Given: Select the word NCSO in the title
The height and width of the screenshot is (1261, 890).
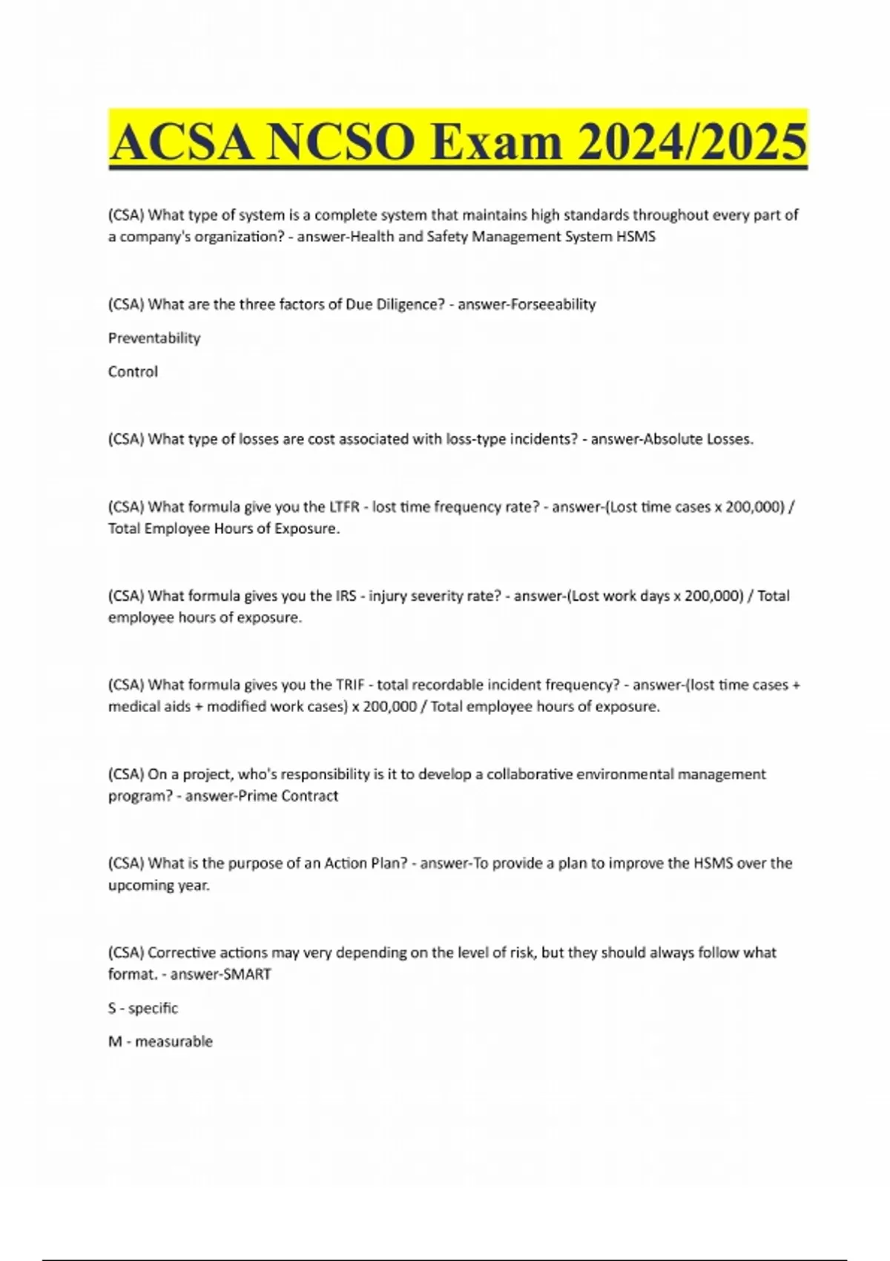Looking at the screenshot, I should click(340, 142).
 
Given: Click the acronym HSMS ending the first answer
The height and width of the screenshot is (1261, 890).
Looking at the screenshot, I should click(636, 237).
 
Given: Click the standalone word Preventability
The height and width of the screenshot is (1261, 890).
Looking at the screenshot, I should click(154, 338).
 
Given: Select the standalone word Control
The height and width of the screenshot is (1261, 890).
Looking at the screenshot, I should click(133, 372).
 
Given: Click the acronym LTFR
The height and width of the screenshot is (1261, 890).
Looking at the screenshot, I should click(344, 507).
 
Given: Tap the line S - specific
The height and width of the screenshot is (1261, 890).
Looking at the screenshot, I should click(143, 1008).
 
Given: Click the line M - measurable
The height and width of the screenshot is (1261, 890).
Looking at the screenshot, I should click(160, 1041).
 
